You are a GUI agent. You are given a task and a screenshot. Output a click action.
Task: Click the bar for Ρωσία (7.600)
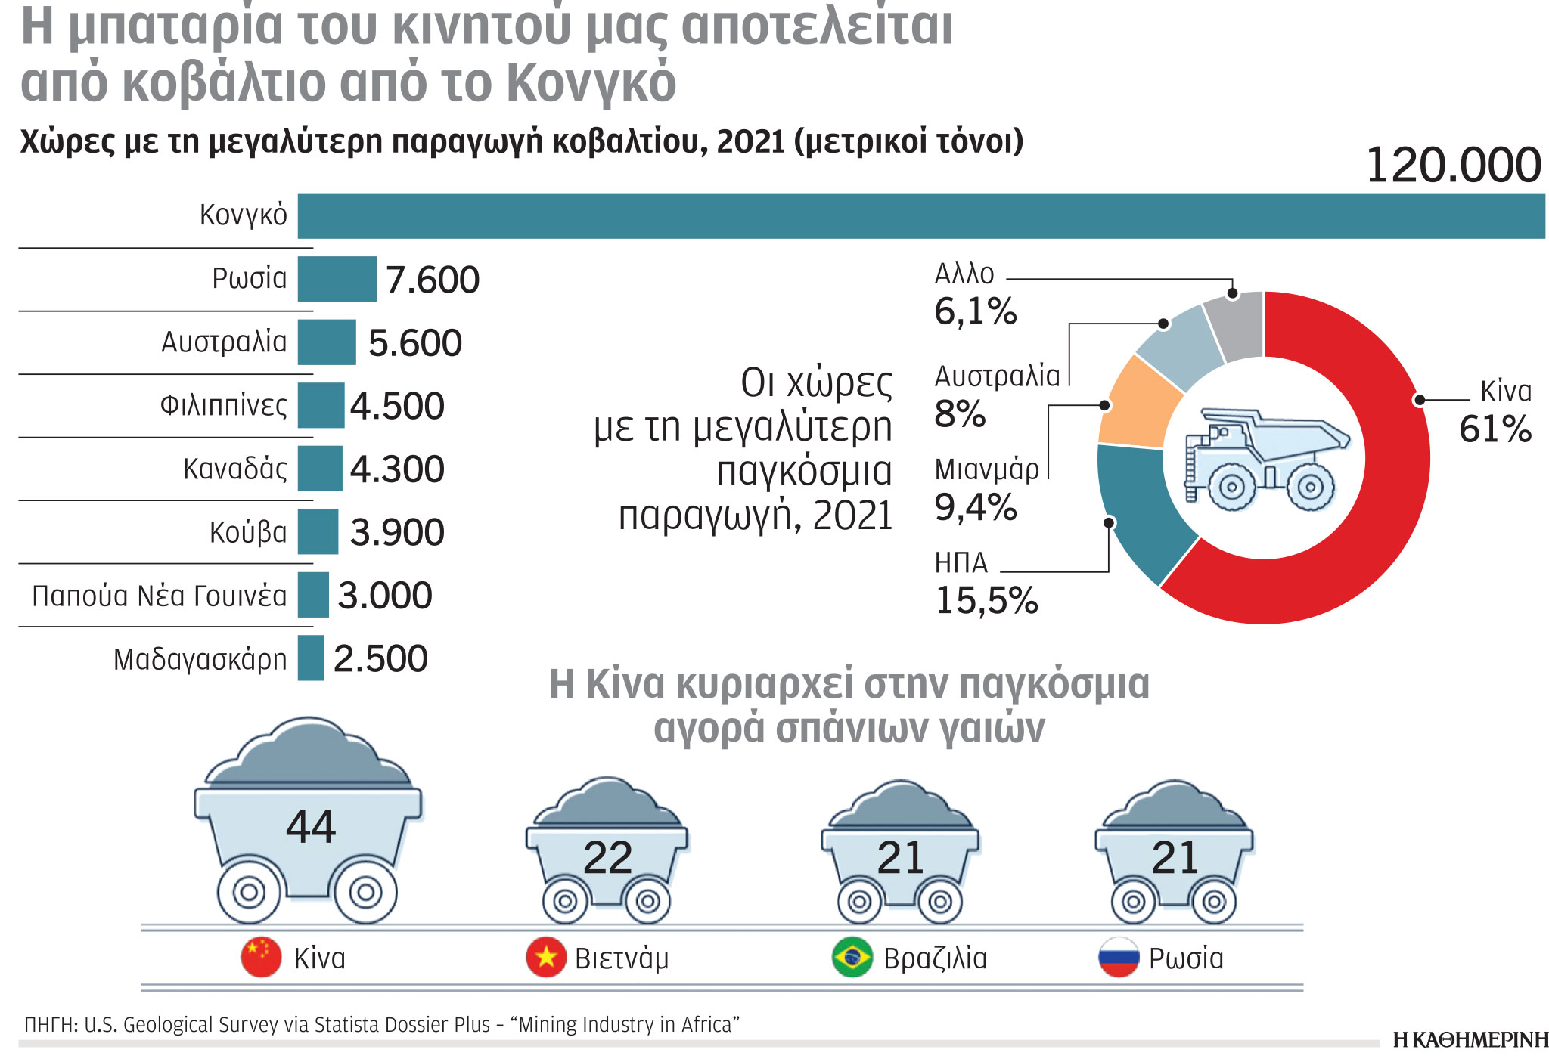(337, 279)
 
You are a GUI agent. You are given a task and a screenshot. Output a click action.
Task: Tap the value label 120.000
(1452, 166)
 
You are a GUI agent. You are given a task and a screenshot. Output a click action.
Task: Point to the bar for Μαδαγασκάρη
(310, 658)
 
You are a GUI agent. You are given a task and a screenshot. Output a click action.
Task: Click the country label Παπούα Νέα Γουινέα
(160, 596)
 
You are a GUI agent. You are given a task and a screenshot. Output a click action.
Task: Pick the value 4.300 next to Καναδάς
(397, 469)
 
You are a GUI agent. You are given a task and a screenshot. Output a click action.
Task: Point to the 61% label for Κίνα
(1495, 429)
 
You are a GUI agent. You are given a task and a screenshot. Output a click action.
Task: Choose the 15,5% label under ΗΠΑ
(986, 601)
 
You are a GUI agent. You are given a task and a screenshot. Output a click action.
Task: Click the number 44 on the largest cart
(310, 827)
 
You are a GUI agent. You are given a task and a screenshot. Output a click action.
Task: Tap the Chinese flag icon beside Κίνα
(261, 957)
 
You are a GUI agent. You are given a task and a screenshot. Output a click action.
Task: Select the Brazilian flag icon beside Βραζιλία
(852, 958)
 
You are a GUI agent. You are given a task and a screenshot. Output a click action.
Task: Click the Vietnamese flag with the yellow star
(546, 958)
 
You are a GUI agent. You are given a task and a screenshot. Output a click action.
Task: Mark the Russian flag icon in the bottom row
(1119, 958)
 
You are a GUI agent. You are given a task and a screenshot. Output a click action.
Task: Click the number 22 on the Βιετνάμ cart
(607, 858)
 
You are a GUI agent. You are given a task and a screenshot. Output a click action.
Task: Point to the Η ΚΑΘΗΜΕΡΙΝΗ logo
(1470, 1041)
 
